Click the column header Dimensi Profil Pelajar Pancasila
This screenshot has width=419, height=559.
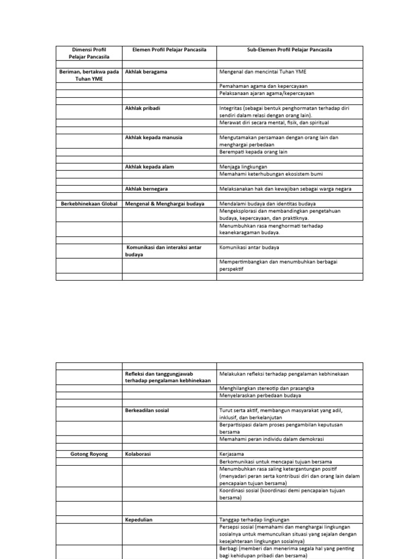tap(89, 53)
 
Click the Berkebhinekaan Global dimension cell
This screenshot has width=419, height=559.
tap(89, 204)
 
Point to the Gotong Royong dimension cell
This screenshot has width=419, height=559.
tap(89, 454)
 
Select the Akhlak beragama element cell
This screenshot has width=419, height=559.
tap(146, 72)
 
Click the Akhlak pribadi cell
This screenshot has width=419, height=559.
tap(143, 109)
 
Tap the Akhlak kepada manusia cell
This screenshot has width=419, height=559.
tap(154, 138)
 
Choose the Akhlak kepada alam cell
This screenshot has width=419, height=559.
tap(149, 166)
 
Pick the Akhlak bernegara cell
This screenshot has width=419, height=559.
tap(146, 189)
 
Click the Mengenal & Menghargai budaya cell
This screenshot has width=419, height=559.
tap(165, 204)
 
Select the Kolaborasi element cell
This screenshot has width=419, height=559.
tap(138, 454)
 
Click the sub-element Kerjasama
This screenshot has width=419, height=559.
tap(232, 454)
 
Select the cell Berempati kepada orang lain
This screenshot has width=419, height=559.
tap(253, 152)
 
